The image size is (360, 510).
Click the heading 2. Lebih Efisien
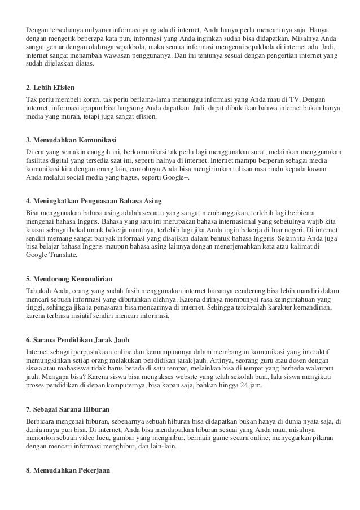pos(54,89)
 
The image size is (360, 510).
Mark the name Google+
pos(176,178)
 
